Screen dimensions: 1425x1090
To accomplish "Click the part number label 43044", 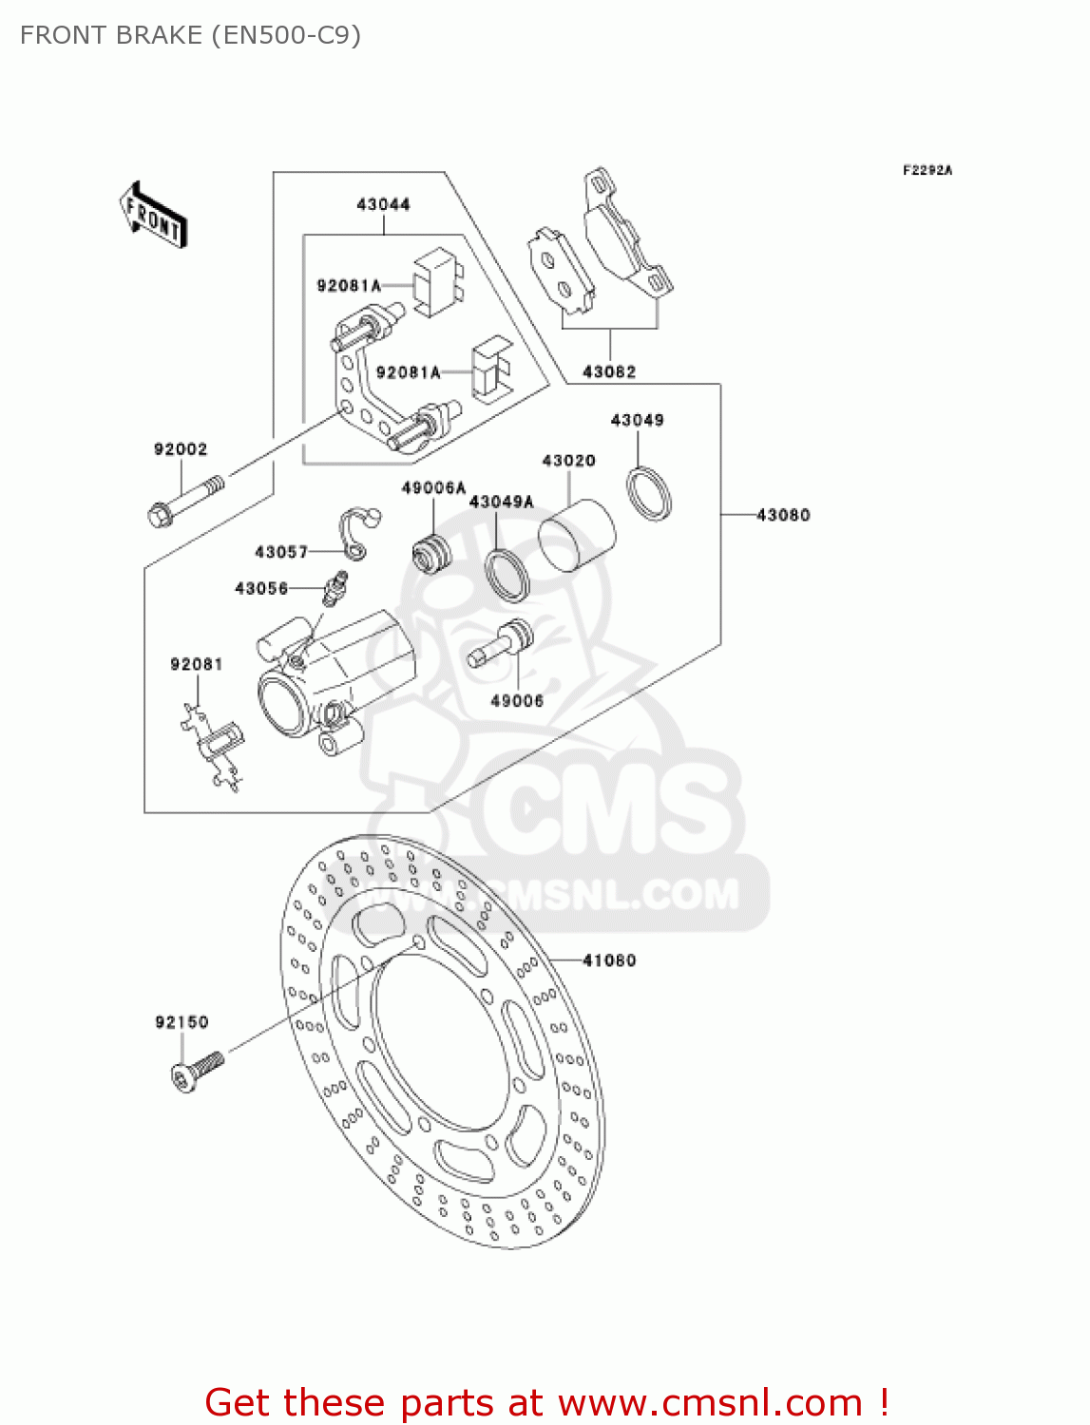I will (383, 204).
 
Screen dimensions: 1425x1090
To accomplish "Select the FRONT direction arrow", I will (152, 217).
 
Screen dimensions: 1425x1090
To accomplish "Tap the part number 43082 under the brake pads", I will (609, 371).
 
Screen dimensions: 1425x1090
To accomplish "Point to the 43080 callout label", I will (783, 515).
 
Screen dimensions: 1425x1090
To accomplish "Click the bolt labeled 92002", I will (186, 501).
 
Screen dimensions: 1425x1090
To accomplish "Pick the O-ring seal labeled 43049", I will (649, 494).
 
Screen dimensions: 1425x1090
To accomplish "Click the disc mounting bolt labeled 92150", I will (197, 1071).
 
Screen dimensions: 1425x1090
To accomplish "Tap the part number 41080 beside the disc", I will (609, 960).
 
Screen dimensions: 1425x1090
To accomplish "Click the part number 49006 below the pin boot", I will (517, 701).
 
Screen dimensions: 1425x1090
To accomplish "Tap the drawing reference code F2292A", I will (927, 170).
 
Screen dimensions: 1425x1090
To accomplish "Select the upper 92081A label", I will (349, 285).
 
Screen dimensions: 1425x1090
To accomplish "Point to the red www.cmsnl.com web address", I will (710, 1403).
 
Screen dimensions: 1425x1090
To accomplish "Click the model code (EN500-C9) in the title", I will (285, 35).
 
